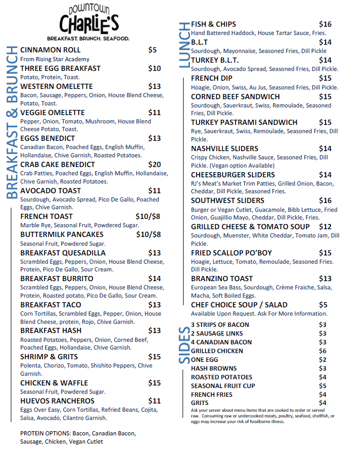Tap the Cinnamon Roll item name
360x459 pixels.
pos(50,50)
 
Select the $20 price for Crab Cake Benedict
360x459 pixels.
pos(154,164)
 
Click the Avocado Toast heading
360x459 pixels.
pos(50,191)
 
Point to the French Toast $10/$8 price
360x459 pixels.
pos(148,216)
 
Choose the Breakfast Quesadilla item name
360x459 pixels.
pos(63,253)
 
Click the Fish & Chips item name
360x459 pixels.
pos(213,24)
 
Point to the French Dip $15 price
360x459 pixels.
pos(325,78)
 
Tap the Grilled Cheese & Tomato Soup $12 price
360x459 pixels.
pos(325,227)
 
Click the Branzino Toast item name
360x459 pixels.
pos(222,279)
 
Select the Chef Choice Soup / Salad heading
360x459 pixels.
pos(239,305)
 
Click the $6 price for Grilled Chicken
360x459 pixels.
pos(322,351)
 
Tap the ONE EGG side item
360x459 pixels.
pos(204,360)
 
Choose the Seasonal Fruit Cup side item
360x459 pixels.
pos(223,386)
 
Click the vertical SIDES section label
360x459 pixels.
pos(184,345)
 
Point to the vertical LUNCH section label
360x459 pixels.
pos(184,46)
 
